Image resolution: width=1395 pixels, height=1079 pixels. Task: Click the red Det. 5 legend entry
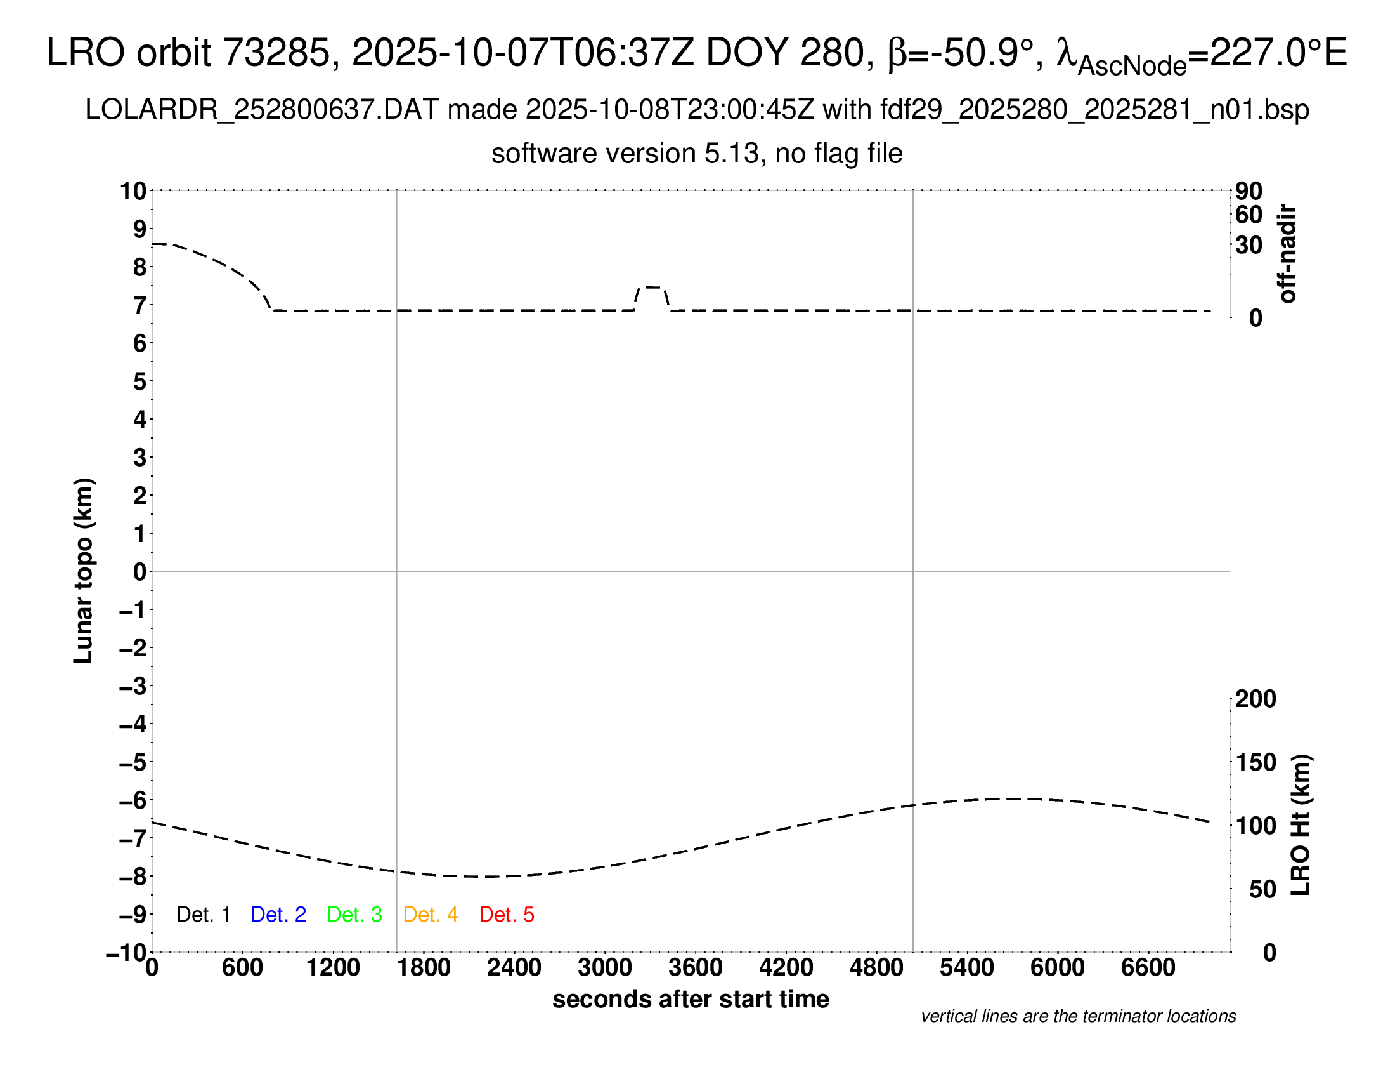pyautogui.click(x=507, y=915)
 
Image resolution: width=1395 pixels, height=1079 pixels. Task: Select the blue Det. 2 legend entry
pyautogui.click(x=278, y=915)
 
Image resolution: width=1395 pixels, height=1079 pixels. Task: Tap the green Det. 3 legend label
pyautogui.click(x=354, y=915)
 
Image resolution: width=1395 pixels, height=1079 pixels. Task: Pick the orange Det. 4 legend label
pyautogui.click(x=431, y=915)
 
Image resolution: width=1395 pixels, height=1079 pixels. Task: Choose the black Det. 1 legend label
pyautogui.click(x=203, y=915)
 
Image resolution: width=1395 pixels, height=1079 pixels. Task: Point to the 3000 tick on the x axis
pyautogui.click(x=605, y=968)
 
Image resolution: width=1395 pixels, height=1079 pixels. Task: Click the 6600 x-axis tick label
pyautogui.click(x=1148, y=968)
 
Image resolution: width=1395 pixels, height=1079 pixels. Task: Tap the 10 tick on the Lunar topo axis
pyautogui.click(x=134, y=190)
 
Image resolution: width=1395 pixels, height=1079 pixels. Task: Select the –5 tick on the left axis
pyautogui.click(x=134, y=762)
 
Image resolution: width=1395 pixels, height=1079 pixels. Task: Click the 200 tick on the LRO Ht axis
pyautogui.click(x=1255, y=699)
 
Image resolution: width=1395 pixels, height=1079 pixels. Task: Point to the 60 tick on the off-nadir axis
pyautogui.click(x=1249, y=215)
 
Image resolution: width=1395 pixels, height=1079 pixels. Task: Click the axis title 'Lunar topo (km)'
pyautogui.click(x=84, y=571)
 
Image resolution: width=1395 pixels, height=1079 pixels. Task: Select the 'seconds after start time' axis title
pyautogui.click(x=691, y=999)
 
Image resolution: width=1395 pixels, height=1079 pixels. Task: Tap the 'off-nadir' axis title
pyautogui.click(x=1288, y=253)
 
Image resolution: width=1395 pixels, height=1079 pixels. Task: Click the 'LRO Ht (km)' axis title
pyautogui.click(x=1301, y=825)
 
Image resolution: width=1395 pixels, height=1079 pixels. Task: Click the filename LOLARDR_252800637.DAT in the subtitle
pyautogui.click(x=262, y=110)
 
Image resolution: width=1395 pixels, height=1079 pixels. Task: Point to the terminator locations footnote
pyautogui.click(x=1078, y=1016)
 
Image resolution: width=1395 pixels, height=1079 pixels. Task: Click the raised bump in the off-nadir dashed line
pyautogui.click(x=652, y=288)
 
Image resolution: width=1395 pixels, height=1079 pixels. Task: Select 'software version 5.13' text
pyautogui.click(x=625, y=154)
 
